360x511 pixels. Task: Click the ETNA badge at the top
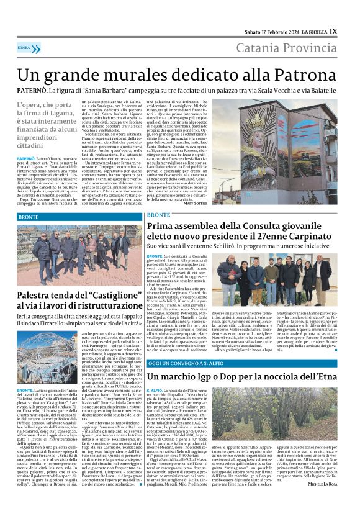pos(24,47)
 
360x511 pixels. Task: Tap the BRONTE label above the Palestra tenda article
pos(28,218)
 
